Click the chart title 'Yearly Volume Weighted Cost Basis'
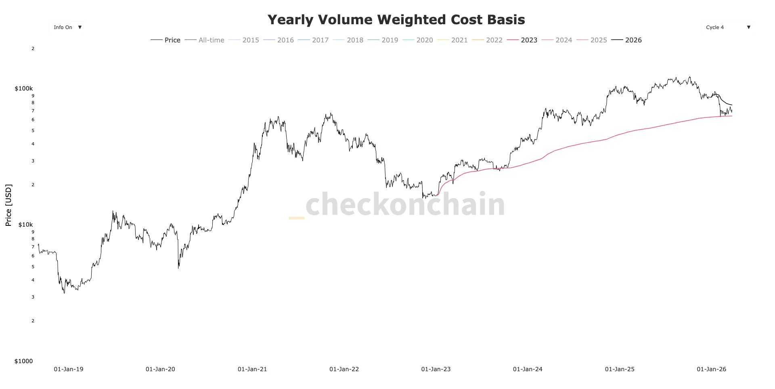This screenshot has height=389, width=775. point(396,20)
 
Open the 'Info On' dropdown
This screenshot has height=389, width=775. point(67,27)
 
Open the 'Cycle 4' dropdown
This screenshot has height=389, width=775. point(727,27)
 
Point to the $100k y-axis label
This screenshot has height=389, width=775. point(23,88)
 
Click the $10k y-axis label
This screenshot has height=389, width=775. point(25,225)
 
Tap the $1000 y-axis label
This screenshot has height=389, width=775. point(23,361)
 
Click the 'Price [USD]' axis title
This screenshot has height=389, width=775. point(8,205)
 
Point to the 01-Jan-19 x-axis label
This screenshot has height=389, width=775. point(69,369)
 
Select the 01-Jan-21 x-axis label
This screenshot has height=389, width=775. point(252,369)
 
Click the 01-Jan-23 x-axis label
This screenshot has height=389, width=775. point(436,369)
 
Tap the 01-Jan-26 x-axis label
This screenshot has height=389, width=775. point(711,369)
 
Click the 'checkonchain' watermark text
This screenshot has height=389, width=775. point(405,204)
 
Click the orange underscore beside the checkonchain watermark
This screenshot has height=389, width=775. point(297,218)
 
